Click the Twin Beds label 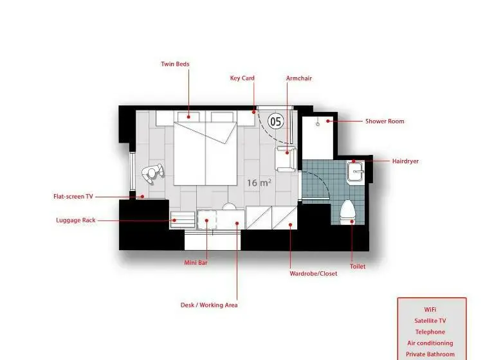tap(175, 64)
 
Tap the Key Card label tap(242, 78)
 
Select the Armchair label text tap(298, 78)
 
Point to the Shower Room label tap(385, 122)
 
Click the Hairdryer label tap(405, 161)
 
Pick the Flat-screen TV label tap(73, 197)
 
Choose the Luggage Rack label tap(76, 220)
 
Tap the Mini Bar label tap(196, 262)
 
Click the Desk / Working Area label tap(209, 305)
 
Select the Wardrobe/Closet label tap(313, 273)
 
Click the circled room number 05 tap(276, 122)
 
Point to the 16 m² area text tap(259, 183)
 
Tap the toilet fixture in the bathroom tap(347, 212)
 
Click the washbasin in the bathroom tap(355, 172)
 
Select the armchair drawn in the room tap(286, 158)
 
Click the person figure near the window tap(152, 173)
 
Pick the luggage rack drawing tap(183, 219)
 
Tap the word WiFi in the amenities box tap(430, 310)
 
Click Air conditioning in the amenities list tap(430, 343)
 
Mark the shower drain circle tap(318, 124)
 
